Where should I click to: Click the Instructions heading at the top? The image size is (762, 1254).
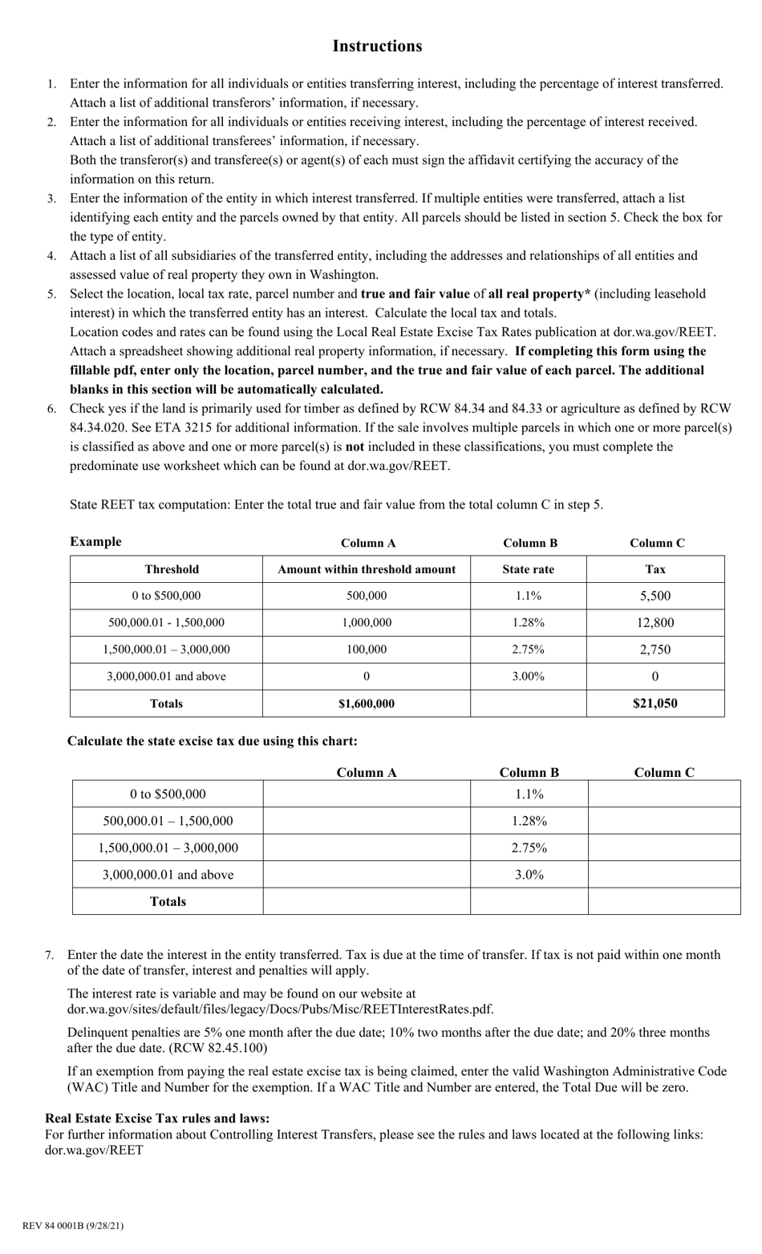377,47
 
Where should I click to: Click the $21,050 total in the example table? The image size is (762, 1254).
655,703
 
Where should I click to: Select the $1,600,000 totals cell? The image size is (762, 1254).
367,703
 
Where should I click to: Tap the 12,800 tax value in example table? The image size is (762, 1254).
655,622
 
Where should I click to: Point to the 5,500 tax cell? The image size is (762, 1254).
655,596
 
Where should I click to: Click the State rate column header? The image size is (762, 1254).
528,569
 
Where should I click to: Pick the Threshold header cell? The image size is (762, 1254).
172,569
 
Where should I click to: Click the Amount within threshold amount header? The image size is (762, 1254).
367,569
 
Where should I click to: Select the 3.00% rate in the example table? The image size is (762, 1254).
528,676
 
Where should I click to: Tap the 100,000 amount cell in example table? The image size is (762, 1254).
367,649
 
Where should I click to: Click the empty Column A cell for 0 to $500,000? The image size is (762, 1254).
367,795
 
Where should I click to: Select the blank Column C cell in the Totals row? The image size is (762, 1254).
663,901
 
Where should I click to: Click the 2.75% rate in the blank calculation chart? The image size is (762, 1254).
529,847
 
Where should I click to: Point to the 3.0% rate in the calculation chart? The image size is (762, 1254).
529,875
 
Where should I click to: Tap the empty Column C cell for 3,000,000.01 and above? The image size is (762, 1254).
663,875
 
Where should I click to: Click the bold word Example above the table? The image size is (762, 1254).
95,541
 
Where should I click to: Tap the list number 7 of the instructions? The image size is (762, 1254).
50,955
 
